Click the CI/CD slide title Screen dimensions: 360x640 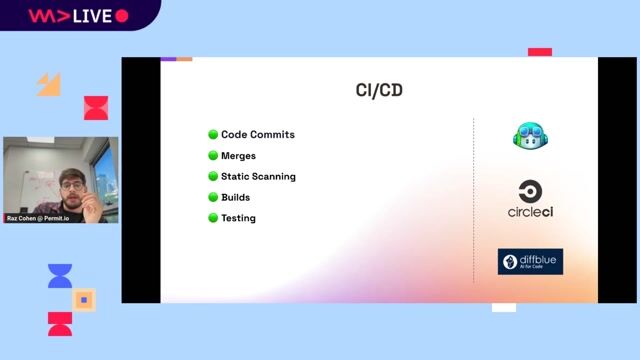(x=379, y=91)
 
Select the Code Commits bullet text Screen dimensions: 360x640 (x=257, y=135)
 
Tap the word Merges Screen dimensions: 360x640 (x=238, y=156)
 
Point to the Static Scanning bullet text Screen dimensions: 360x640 (x=258, y=177)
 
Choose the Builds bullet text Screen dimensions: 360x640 (x=235, y=198)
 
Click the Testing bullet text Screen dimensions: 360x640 (x=238, y=218)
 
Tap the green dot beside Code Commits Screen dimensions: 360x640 (x=213, y=135)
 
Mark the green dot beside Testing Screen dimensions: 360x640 (x=213, y=218)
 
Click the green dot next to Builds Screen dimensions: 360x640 (x=213, y=198)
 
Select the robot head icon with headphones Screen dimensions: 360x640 (x=531, y=136)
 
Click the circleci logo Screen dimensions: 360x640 (x=531, y=200)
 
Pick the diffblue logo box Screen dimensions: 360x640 (x=531, y=262)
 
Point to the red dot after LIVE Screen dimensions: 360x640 (x=122, y=16)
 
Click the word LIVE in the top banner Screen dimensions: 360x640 (x=90, y=16)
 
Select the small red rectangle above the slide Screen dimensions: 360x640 (x=540, y=52)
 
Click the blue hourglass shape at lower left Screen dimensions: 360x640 (x=60, y=276)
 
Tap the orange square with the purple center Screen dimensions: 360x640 (x=85, y=299)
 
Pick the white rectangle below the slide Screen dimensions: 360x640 (x=504, y=307)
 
